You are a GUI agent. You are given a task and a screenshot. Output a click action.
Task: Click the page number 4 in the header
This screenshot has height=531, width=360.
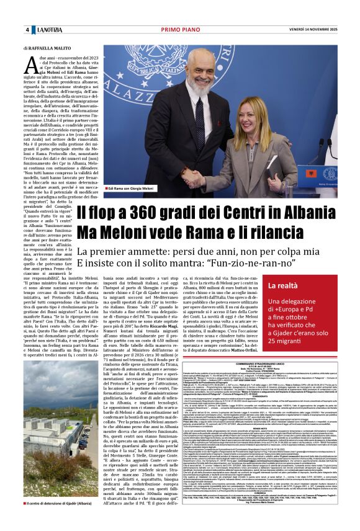[x=27, y=30]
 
